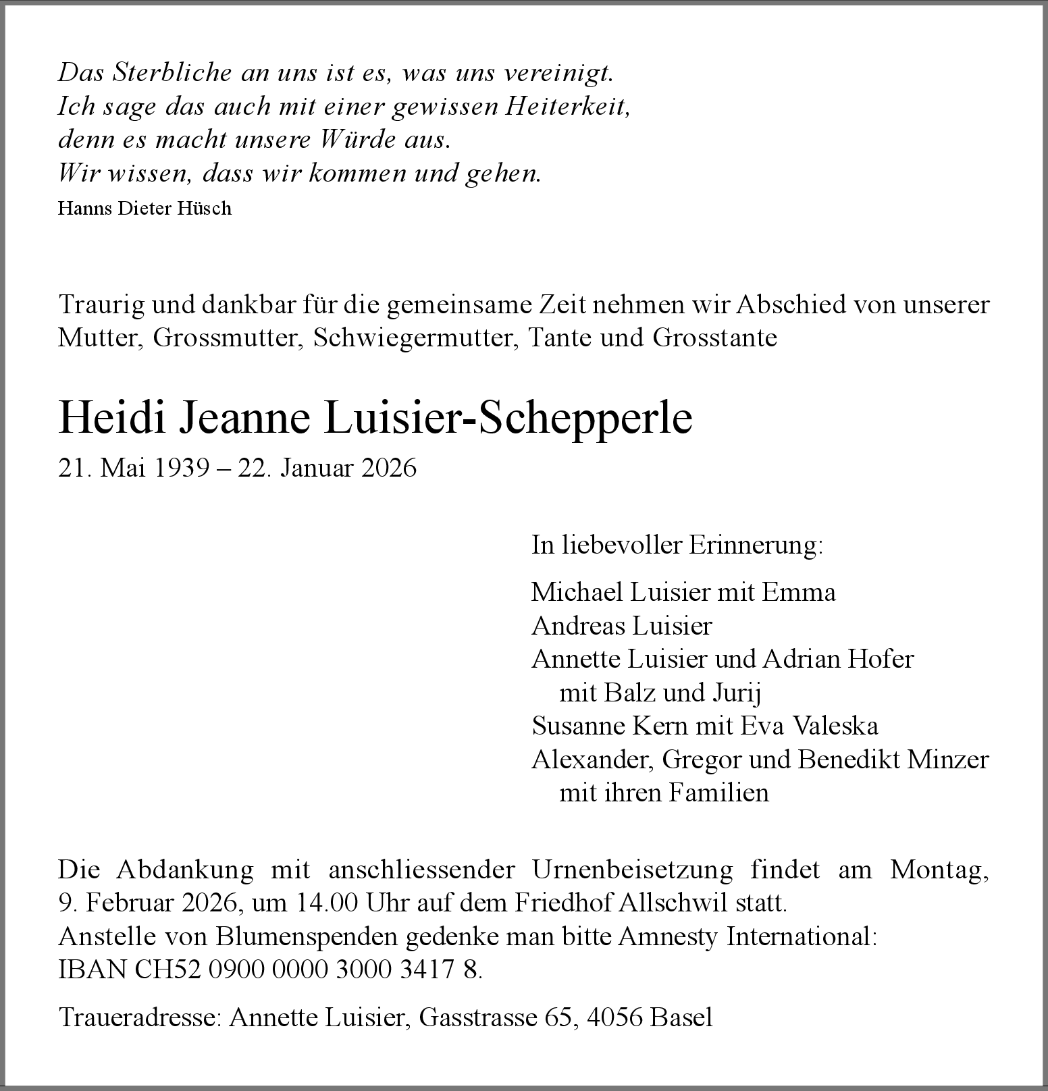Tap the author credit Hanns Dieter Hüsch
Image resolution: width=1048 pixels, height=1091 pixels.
tap(145, 209)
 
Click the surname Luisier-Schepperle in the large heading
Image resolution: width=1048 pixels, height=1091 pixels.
tap(508, 418)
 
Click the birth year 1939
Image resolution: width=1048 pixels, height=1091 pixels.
tap(182, 468)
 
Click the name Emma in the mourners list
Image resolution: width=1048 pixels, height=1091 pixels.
tap(799, 592)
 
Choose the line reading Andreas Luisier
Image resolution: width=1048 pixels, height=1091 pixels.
tap(621, 626)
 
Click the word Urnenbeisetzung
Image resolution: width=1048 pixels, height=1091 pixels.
tap(632, 870)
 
